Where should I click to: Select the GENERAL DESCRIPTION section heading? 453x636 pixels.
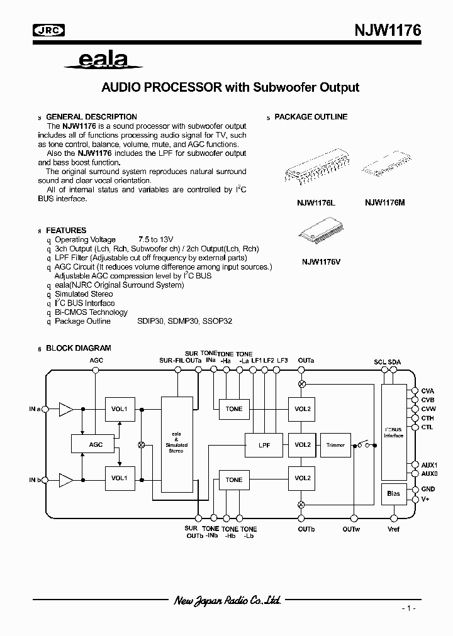(x=91, y=117)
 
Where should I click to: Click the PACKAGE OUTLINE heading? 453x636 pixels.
(x=311, y=117)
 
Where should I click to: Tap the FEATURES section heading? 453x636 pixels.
(x=66, y=231)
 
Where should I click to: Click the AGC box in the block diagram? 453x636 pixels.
(x=96, y=444)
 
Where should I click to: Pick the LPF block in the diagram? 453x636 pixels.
(x=264, y=445)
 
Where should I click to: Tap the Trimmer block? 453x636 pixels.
(x=335, y=445)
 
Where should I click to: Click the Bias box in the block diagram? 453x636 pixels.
(x=393, y=494)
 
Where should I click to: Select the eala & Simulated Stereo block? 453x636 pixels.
(x=176, y=442)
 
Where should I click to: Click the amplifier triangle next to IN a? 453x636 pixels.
(x=65, y=409)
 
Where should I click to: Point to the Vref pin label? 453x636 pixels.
(x=393, y=529)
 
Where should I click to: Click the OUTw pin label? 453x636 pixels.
(x=352, y=529)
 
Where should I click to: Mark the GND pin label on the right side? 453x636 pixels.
(x=428, y=489)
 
